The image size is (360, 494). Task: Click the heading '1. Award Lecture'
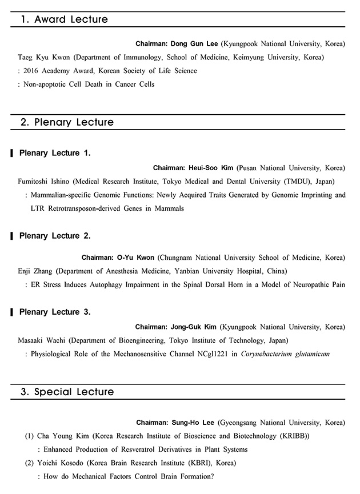point(64,19)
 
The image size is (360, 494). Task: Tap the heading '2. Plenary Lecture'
point(67,122)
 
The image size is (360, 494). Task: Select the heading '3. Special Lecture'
point(67,392)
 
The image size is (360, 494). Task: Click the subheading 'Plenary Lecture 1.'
point(55,153)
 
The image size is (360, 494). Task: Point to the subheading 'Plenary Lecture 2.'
point(55,236)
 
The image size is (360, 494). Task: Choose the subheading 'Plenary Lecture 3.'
point(55,312)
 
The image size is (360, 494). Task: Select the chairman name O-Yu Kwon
point(137,258)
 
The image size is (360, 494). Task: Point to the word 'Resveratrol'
point(131,449)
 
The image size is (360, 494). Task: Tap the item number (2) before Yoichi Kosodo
point(29,463)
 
